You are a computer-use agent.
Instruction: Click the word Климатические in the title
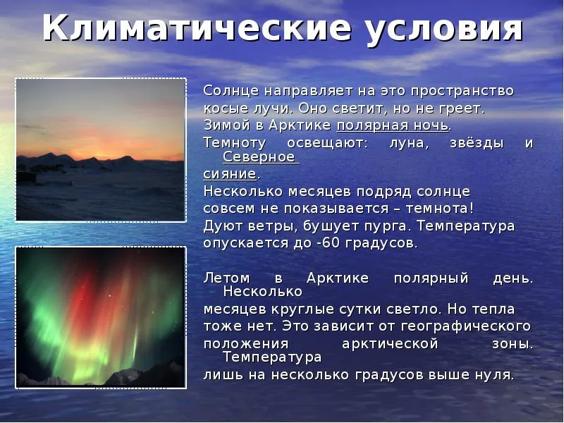[x=197, y=28]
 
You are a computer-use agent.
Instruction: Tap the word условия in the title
[x=445, y=29]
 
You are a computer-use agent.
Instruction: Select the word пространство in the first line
[x=462, y=91]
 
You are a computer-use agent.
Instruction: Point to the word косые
[x=221, y=109]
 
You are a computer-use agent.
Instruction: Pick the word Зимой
[x=227, y=125]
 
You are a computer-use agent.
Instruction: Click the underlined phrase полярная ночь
[x=393, y=126]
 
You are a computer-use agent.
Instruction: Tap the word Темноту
[x=235, y=143]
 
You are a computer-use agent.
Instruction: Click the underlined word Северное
[x=259, y=157]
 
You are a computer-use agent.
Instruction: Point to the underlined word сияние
[x=230, y=174]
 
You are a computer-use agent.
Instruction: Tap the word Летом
[x=226, y=278]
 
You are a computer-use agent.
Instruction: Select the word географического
[x=465, y=326]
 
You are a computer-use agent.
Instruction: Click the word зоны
[x=513, y=344]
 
